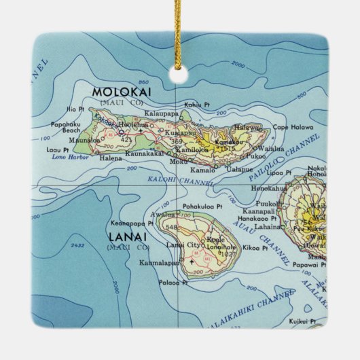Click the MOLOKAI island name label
coord(123,92)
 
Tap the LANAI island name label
coord(126,237)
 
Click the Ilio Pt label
coord(76,109)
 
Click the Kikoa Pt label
coord(255,249)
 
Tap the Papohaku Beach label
coord(65,127)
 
